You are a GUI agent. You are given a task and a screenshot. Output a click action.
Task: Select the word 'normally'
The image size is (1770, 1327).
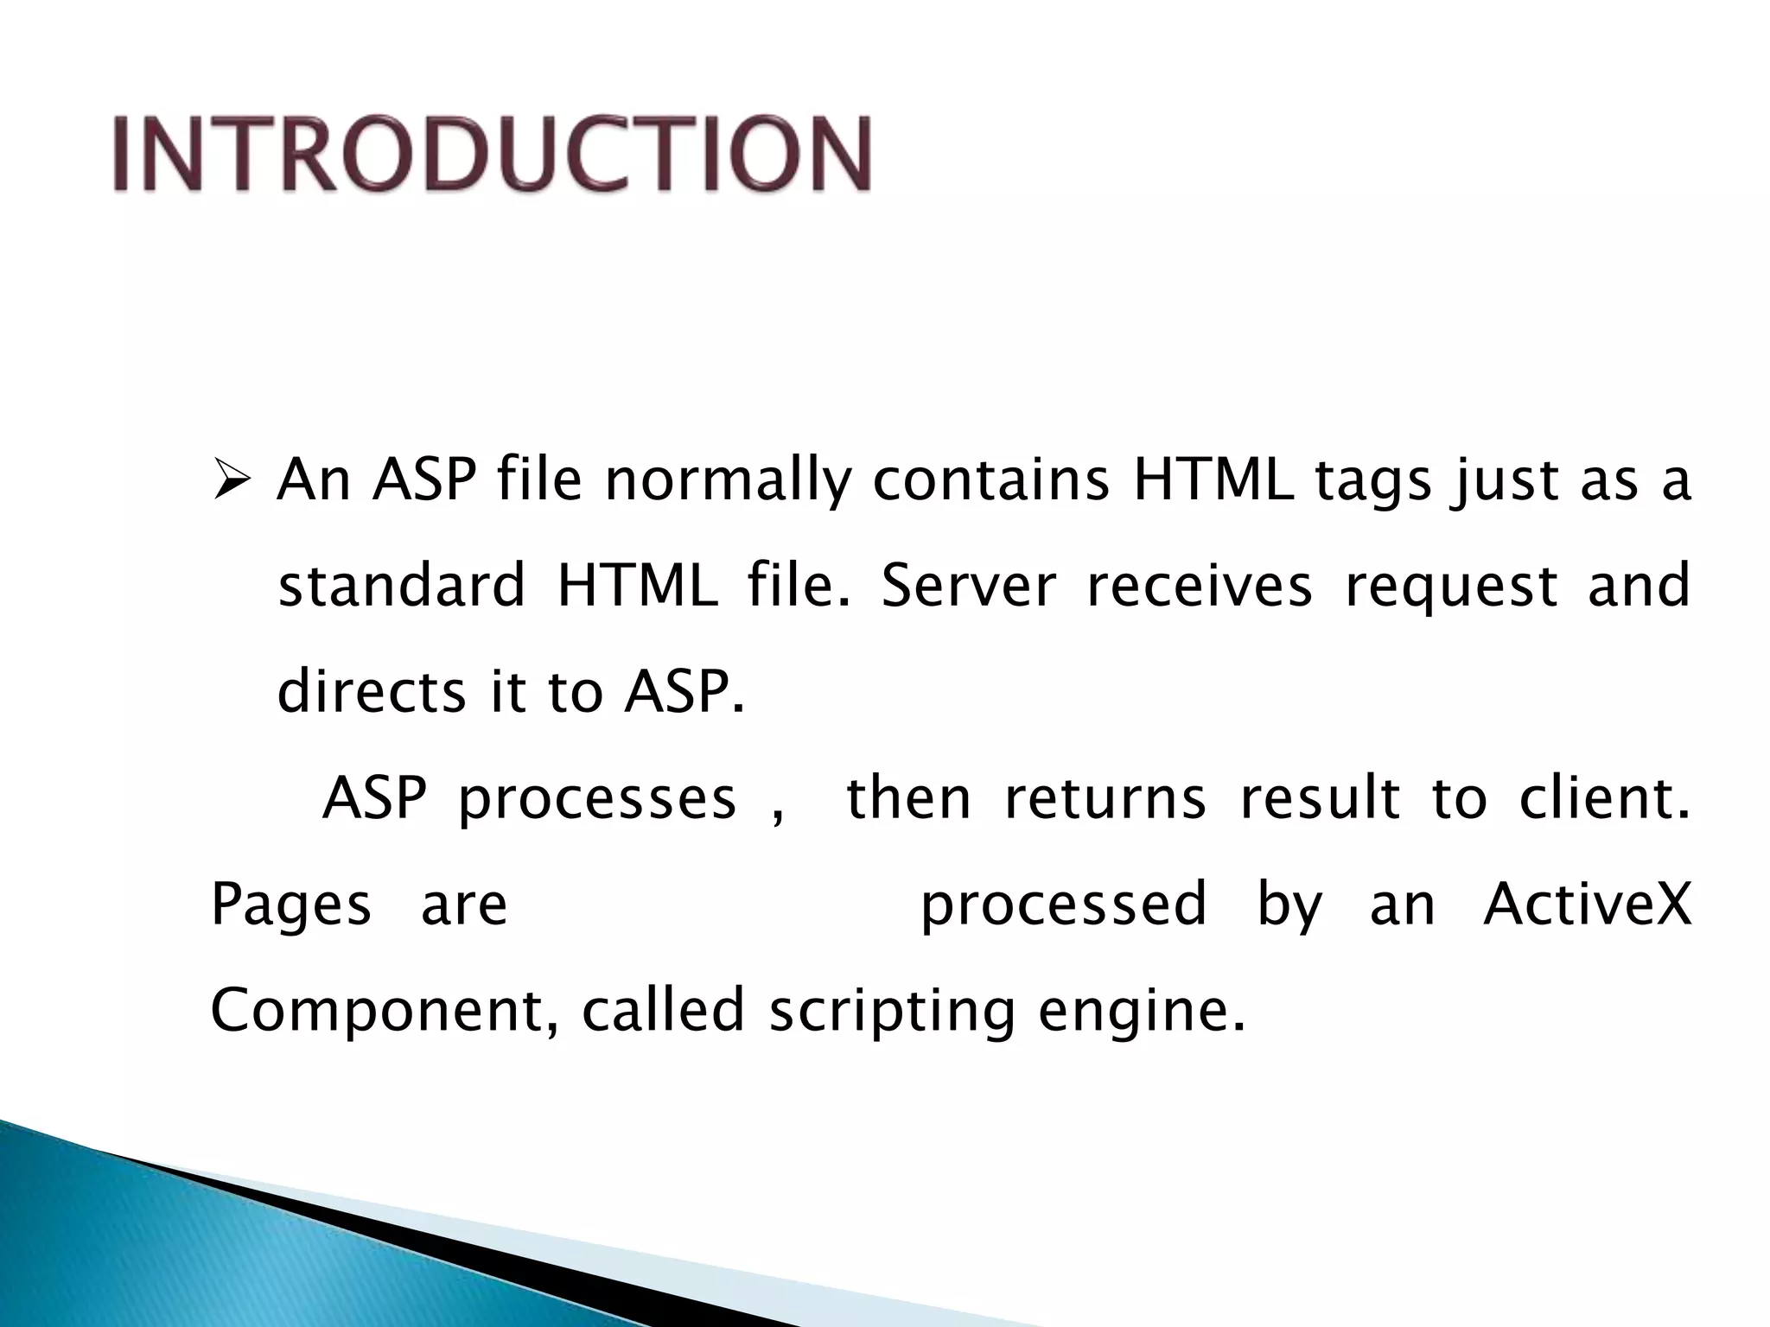tap(728, 481)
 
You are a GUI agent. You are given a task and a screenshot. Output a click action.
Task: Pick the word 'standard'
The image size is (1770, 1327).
tap(402, 586)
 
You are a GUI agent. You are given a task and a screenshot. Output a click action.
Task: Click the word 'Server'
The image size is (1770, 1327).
tap(969, 586)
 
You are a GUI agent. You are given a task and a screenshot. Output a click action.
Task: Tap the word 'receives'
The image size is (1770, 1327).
tap(1200, 586)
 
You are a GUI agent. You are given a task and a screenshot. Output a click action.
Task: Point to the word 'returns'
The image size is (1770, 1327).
tap(1105, 798)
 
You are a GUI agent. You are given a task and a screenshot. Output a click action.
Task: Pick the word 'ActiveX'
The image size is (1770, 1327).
tap(1587, 904)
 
